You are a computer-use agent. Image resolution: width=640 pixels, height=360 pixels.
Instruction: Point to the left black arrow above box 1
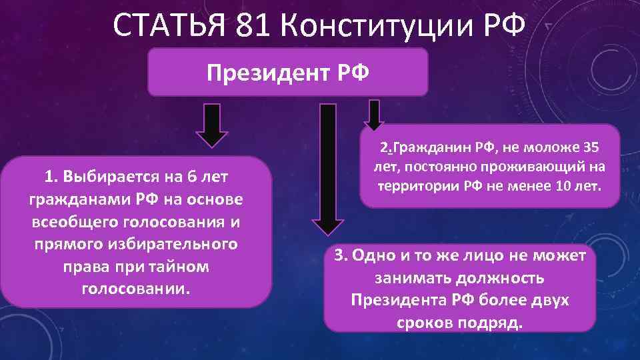[x=211, y=124]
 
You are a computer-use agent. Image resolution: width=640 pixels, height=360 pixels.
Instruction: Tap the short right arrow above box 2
[x=374, y=115]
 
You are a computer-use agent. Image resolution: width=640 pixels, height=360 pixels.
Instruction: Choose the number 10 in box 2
[x=562, y=186]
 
